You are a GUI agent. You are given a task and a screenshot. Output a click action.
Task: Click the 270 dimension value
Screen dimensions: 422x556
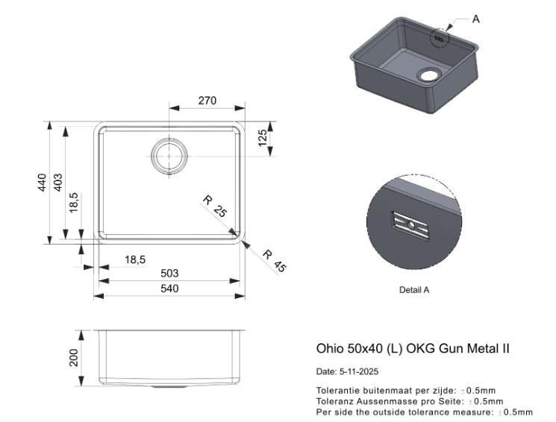pyautogui.click(x=207, y=101)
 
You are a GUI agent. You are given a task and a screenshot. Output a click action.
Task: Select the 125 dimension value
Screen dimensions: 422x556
pyautogui.click(x=262, y=138)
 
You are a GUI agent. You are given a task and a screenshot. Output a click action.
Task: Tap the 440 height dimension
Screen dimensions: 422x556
pyautogui.click(x=43, y=182)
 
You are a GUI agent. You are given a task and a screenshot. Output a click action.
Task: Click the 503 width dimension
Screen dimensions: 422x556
pyautogui.click(x=170, y=274)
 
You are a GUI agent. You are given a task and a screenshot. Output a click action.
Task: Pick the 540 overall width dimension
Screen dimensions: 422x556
pyautogui.click(x=170, y=289)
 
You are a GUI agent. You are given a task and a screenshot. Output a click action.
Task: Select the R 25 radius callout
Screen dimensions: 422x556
pyautogui.click(x=214, y=207)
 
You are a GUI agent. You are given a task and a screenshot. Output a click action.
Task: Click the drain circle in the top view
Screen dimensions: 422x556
pyautogui.click(x=170, y=157)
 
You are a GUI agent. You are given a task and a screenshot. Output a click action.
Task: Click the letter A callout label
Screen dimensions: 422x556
pyautogui.click(x=477, y=19)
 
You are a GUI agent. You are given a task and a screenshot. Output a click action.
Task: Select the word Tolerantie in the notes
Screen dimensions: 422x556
pyautogui.click(x=335, y=390)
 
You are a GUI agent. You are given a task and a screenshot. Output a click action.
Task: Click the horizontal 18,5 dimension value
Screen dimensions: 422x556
pyautogui.click(x=135, y=259)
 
